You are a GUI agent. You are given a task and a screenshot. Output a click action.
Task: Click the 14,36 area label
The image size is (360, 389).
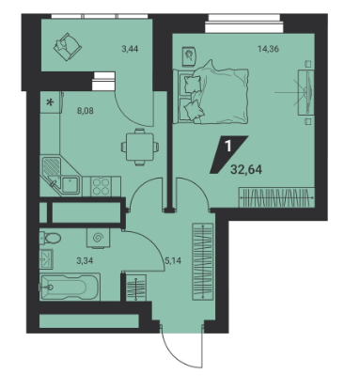[x=268, y=49]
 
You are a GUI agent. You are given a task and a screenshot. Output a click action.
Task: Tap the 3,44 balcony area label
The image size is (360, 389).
[x=130, y=49]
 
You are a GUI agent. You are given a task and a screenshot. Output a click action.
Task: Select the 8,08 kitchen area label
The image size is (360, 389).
[x=86, y=111]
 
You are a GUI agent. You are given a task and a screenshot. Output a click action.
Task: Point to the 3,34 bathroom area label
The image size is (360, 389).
[x=85, y=260]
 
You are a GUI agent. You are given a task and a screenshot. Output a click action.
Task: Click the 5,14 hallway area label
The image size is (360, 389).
[x=173, y=260]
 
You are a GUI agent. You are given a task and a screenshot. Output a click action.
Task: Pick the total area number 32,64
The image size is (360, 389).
[x=246, y=169]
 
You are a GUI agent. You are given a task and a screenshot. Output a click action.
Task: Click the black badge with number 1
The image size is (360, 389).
[x=228, y=154]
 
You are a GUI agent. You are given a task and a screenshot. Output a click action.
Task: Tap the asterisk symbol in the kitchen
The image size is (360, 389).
[x=50, y=102]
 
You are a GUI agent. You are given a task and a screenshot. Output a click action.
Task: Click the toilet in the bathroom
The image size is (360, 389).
[x=50, y=238]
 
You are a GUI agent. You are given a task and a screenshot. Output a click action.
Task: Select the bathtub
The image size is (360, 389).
[x=70, y=288]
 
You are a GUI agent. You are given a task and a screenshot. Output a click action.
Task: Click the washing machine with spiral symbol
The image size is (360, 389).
[x=98, y=238]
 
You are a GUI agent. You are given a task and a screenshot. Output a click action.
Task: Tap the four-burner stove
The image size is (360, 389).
[x=102, y=186]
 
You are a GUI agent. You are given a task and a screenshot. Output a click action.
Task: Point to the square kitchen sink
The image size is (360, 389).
[x=70, y=185]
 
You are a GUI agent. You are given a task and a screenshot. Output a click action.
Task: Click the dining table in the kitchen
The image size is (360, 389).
[x=140, y=147]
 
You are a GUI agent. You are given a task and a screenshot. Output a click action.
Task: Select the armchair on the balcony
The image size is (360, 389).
[x=68, y=47]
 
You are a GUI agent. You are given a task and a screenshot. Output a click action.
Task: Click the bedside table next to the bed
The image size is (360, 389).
[x=190, y=56]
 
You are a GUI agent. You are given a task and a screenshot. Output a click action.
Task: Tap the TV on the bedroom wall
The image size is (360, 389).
[x=309, y=92]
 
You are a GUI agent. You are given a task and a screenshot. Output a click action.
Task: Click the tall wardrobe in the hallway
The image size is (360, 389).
[x=202, y=261]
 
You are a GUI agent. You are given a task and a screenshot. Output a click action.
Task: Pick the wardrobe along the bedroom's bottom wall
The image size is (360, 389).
[x=276, y=197]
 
